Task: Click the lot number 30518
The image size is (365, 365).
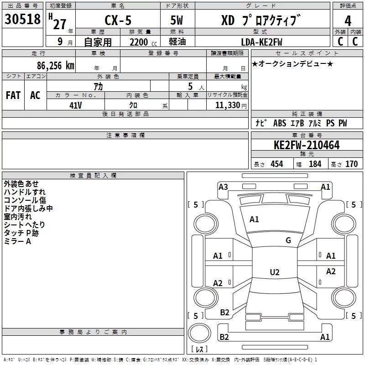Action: (23, 20)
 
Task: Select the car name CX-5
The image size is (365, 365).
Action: (117, 21)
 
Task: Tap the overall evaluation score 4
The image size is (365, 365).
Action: (348, 21)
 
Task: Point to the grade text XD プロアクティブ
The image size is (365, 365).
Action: (261, 21)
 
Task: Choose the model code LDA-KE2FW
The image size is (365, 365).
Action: (261, 42)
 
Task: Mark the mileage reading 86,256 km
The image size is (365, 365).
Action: (55, 65)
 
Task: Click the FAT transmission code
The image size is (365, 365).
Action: (13, 95)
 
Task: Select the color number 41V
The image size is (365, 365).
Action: (75, 105)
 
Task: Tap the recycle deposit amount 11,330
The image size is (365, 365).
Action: (227, 105)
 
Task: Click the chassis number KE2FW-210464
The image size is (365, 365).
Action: (307, 145)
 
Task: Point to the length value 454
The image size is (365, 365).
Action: (276, 164)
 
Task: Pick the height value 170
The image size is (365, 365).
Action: (351, 164)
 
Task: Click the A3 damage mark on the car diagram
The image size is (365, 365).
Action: (223, 187)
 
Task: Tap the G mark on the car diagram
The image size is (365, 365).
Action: (288, 240)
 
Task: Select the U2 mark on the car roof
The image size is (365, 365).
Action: (274, 272)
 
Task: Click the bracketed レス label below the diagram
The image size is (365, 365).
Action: (199, 349)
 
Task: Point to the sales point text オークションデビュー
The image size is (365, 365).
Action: (292, 64)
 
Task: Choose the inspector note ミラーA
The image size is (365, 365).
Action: (17, 241)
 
